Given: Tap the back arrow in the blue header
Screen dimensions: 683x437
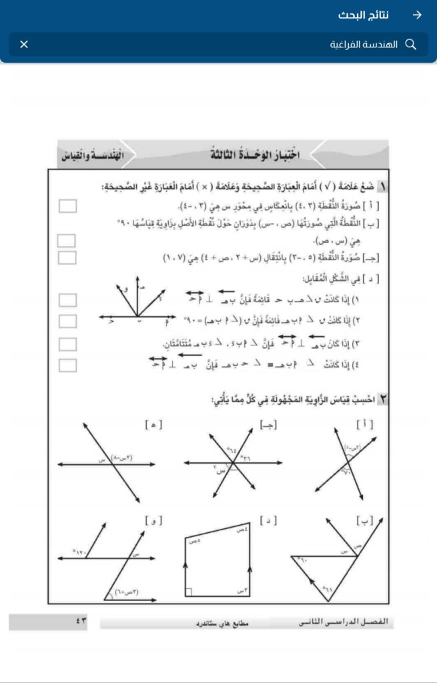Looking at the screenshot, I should [x=417, y=15].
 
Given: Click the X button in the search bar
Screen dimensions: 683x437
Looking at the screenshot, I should [x=24, y=45].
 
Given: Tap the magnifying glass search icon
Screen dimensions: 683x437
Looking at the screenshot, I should [x=411, y=45].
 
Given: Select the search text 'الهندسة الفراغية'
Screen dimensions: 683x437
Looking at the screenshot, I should [x=364, y=45].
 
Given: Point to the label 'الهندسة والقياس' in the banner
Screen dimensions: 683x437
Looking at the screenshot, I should [x=87, y=155].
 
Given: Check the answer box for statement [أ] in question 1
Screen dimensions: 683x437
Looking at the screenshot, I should [x=67, y=206].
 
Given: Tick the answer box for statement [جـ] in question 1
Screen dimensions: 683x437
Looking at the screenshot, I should [x=67, y=257].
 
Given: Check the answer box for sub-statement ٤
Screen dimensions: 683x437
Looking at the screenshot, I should [x=67, y=366].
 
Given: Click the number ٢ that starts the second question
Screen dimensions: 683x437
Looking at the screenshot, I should [x=384, y=400].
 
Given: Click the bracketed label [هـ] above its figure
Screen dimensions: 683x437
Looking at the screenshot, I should [x=153, y=424].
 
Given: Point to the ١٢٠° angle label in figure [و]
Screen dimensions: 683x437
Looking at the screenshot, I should [x=81, y=552].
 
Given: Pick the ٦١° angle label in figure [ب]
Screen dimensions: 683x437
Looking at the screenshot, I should [x=328, y=589].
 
